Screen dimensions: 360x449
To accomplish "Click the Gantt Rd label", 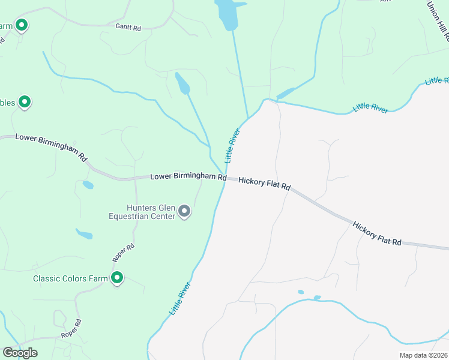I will [128, 27].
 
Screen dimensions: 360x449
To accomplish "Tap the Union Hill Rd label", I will [438, 20].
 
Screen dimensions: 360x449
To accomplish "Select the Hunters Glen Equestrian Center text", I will [142, 212].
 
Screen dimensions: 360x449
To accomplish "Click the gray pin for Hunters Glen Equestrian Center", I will [185, 211].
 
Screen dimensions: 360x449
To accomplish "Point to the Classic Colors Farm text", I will [70, 278].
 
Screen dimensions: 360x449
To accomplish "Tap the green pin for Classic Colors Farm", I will [117, 278].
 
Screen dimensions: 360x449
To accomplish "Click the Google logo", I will [20, 353].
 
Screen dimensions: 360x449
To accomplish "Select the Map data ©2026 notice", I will [423, 355].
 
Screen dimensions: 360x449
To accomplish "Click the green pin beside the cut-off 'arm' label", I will [22, 25].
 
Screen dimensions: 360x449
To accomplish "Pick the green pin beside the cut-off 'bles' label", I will [25, 102].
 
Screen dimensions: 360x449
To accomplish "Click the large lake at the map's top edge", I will [228, 13].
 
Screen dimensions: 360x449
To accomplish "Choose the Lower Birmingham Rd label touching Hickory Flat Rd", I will [188, 177].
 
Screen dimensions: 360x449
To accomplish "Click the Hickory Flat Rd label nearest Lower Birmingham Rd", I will [264, 184].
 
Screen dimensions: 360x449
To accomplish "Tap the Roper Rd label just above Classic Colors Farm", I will [123, 253].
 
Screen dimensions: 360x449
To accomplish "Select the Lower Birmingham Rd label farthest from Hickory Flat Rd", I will [51, 146].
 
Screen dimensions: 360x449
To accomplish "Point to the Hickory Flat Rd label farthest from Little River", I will [377, 234].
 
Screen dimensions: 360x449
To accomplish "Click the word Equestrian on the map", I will [142, 216].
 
